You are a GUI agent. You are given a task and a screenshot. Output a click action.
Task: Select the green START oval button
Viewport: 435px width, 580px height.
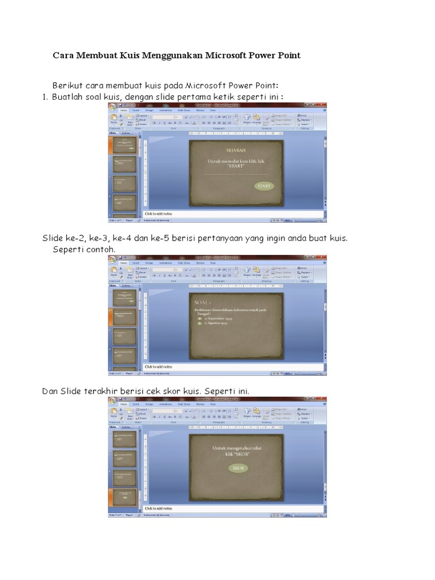[264, 186]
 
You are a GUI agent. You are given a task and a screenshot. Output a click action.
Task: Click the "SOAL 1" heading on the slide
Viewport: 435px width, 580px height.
[202, 302]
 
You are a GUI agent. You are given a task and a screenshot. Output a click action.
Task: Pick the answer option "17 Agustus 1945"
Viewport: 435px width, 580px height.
[215, 323]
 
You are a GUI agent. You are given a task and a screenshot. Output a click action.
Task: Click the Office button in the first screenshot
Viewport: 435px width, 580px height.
[112, 106]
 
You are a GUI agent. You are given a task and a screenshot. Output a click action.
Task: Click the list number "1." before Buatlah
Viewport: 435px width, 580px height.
[45, 97]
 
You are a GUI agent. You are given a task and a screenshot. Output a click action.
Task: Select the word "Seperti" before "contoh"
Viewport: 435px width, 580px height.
[68, 249]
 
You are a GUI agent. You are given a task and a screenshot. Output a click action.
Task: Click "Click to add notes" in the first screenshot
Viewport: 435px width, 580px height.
[158, 214]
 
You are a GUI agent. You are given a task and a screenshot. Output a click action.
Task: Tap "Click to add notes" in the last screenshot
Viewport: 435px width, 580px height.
[158, 509]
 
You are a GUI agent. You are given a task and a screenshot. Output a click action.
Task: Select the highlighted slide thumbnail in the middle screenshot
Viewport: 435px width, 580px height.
[125, 317]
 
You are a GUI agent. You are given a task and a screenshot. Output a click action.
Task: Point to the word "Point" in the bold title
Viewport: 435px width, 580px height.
[289, 56]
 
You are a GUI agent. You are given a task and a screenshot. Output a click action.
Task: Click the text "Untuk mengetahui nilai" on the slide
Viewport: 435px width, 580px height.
[237, 447]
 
